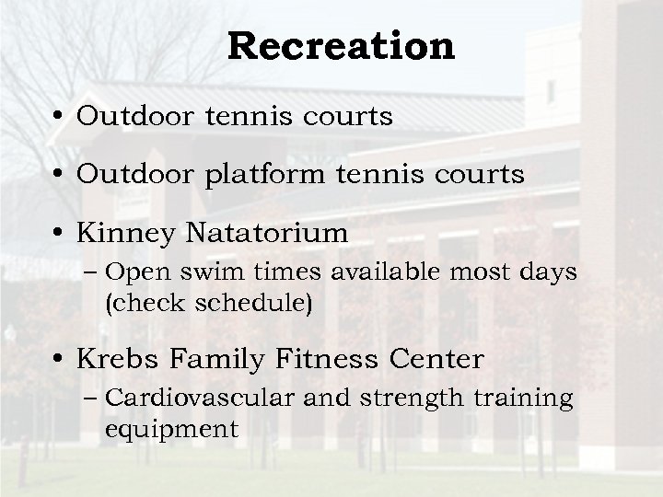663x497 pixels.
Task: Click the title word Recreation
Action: coord(342,46)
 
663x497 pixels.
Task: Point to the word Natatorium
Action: coord(268,234)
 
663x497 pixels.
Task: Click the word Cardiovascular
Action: coord(199,398)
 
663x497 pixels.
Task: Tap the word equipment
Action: coord(172,429)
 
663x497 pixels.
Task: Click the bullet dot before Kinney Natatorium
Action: coord(59,235)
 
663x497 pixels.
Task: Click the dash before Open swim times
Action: coord(97,273)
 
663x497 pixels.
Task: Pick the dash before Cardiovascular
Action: coord(97,399)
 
